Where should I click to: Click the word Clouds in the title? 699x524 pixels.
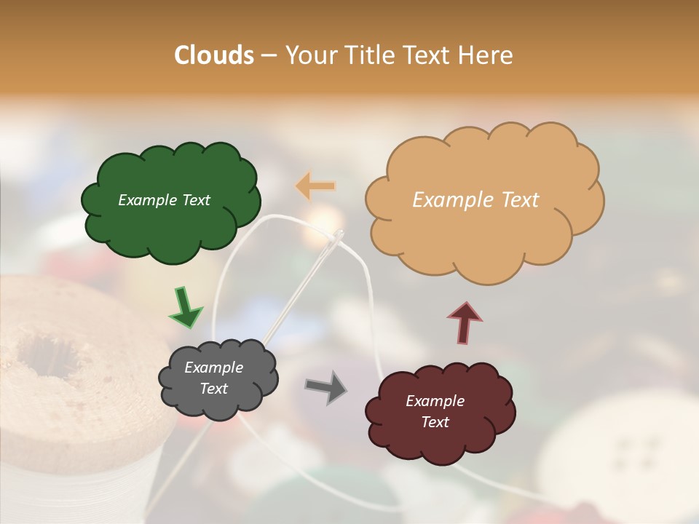point(214,55)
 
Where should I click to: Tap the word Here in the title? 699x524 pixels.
point(487,55)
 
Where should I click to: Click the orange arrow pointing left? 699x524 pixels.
point(316,186)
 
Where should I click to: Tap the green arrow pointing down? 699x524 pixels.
point(185,306)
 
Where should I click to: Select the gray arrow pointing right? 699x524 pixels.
point(326,386)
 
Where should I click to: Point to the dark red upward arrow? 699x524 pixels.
point(465,321)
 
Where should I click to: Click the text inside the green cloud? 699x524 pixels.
point(164,200)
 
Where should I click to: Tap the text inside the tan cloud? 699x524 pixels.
point(475,200)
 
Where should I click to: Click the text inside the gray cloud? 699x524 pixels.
point(213,378)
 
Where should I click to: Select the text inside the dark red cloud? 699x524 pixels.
point(435,411)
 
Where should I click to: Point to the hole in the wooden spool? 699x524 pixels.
point(48,356)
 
